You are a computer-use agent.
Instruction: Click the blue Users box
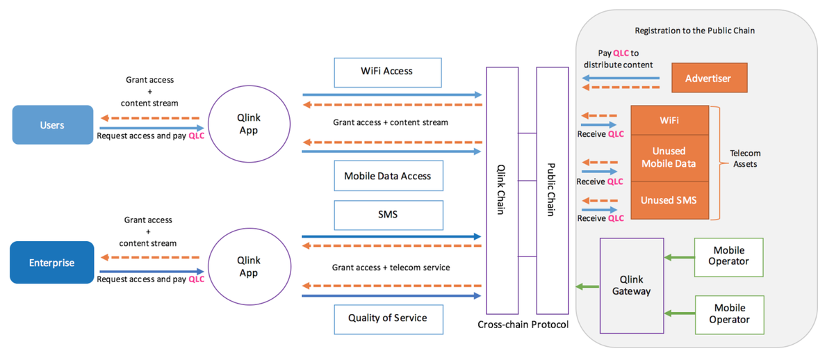(52, 125)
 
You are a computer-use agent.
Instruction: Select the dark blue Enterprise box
(51, 263)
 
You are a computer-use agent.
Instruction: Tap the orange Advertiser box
(708, 78)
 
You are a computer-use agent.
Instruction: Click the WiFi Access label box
(387, 71)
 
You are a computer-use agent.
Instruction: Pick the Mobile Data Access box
(387, 176)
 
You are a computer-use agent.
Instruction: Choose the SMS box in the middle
(387, 215)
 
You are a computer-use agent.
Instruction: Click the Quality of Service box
(387, 318)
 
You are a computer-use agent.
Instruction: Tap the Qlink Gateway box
(631, 285)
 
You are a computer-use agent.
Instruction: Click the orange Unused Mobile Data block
(669, 157)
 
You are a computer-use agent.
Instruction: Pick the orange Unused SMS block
(669, 200)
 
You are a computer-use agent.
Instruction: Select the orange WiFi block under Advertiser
(669, 120)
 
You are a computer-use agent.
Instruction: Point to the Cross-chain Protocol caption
(523, 325)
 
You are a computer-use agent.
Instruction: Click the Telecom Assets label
(745, 158)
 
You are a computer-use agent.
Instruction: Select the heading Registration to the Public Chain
(694, 31)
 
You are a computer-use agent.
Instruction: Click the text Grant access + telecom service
(391, 268)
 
